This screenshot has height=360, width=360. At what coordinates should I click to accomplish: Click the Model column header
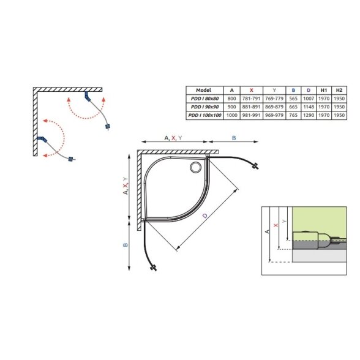point(203,90)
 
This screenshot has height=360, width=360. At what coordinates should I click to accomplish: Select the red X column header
point(252,90)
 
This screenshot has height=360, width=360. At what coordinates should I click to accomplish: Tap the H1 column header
point(324,90)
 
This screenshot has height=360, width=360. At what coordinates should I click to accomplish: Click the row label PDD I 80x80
point(204,99)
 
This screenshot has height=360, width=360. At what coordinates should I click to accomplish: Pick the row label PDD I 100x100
point(204,115)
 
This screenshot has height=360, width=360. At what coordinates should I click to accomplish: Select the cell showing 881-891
point(252,107)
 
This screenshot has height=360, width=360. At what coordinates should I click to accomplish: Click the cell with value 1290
point(309,115)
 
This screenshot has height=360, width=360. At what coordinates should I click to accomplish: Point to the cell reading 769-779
point(274,99)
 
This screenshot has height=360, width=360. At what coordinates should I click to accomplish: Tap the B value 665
point(293,107)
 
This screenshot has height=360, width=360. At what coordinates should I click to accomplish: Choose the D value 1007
point(309,99)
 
